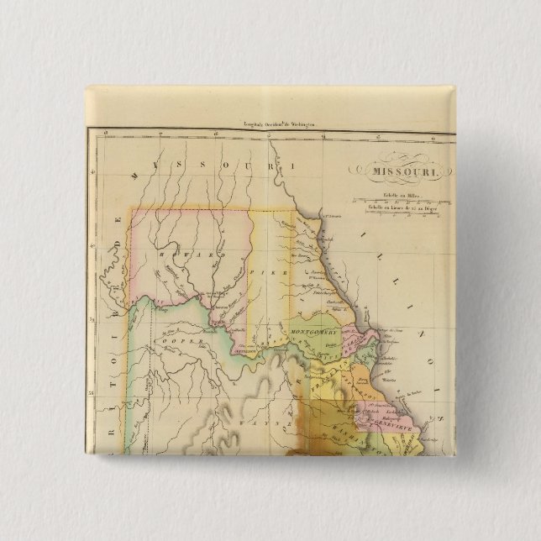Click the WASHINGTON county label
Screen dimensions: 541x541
(x=361, y=430)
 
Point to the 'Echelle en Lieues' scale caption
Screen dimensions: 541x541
(x=402, y=207)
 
